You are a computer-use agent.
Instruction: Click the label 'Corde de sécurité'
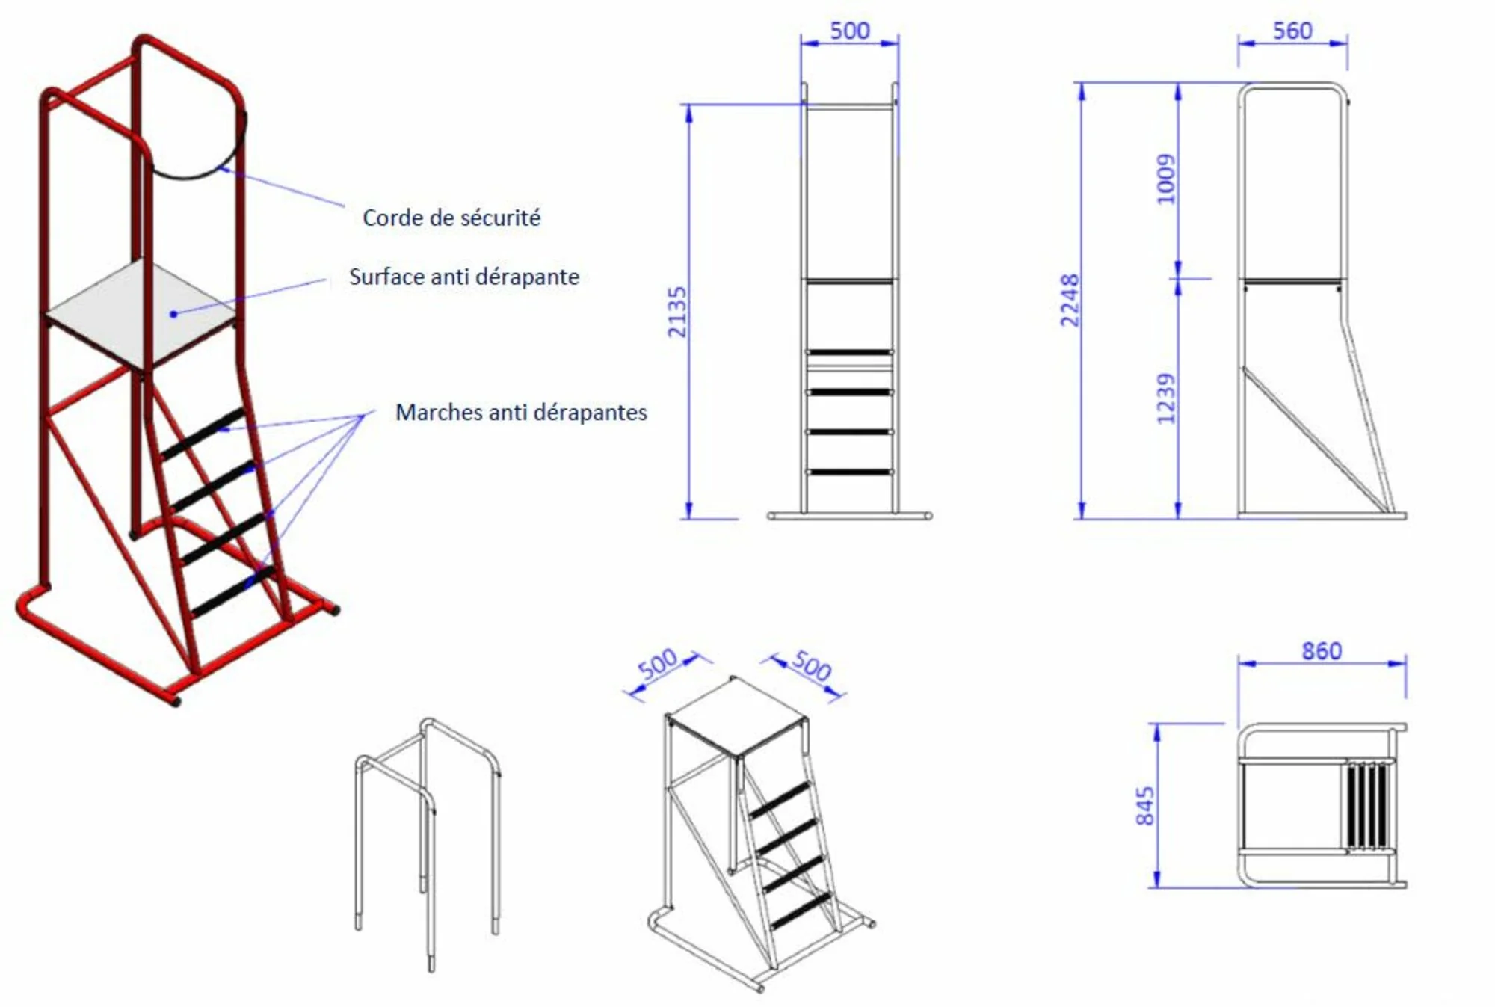click(x=451, y=218)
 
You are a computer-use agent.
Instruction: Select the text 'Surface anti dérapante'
click(x=464, y=277)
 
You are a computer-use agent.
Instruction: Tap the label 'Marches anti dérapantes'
click(x=521, y=412)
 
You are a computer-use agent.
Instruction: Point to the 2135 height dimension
click(x=676, y=312)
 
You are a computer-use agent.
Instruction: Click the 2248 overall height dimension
click(x=1070, y=301)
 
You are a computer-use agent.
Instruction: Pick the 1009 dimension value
click(x=1166, y=179)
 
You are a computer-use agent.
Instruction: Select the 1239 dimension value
click(x=1166, y=398)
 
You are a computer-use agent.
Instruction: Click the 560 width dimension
click(x=1292, y=31)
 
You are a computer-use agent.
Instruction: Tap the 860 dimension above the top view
click(x=1322, y=651)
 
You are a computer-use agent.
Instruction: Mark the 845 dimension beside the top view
click(x=1144, y=806)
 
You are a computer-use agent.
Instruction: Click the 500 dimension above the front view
click(x=850, y=31)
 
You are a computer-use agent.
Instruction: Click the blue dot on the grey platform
click(x=173, y=314)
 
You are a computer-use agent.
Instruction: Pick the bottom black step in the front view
click(x=849, y=472)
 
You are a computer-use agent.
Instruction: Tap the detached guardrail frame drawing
click(x=428, y=845)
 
